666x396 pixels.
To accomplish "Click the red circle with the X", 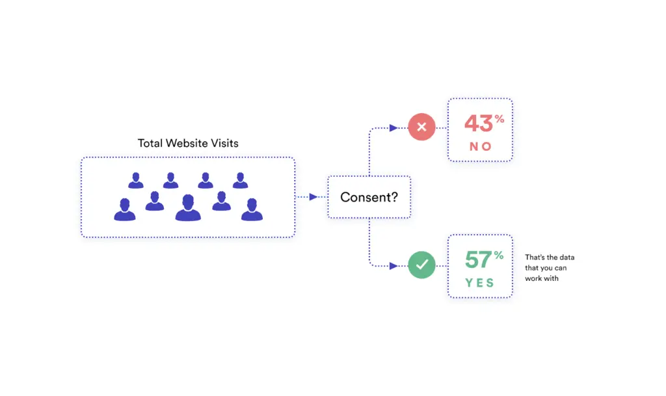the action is click(x=421, y=127).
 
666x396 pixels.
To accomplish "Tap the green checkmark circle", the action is click(x=421, y=265).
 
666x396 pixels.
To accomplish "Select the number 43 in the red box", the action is click(x=478, y=124).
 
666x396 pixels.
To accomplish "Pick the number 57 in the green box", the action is click(x=478, y=259).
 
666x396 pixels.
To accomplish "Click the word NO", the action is click(x=481, y=146).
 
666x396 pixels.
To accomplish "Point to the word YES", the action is click(x=479, y=283).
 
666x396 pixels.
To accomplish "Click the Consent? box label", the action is click(x=369, y=198).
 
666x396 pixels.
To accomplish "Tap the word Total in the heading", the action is click(x=150, y=143).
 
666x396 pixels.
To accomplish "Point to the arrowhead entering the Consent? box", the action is click(x=313, y=197).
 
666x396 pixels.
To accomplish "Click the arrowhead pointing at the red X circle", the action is click(x=393, y=127).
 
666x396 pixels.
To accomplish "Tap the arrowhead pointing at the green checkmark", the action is click(x=393, y=266).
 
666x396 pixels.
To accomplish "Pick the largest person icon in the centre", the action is click(x=188, y=207).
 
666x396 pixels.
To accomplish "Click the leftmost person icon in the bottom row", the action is click(x=125, y=209).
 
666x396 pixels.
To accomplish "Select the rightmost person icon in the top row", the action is click(x=241, y=180).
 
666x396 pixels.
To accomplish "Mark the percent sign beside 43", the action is click(x=499, y=119).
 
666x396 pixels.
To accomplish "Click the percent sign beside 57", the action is click(x=499, y=255).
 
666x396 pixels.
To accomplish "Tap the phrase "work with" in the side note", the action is click(x=542, y=278).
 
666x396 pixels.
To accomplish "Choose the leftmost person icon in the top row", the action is click(x=136, y=180).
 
